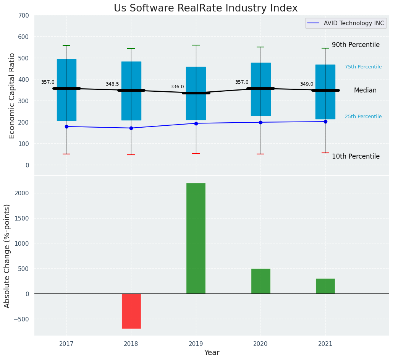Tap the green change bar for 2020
(260, 281)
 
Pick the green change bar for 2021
(325, 286)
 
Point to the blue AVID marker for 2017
(66, 126)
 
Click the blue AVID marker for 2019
(196, 123)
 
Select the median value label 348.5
(112, 84)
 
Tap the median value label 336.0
(177, 87)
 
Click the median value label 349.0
(307, 84)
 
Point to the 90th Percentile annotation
(356, 45)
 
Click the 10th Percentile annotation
(356, 157)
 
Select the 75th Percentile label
(363, 67)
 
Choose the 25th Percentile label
(363, 117)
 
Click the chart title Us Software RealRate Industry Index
(205, 8)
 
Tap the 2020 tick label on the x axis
(260, 344)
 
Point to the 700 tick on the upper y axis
(23, 16)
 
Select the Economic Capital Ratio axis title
(12, 96)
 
